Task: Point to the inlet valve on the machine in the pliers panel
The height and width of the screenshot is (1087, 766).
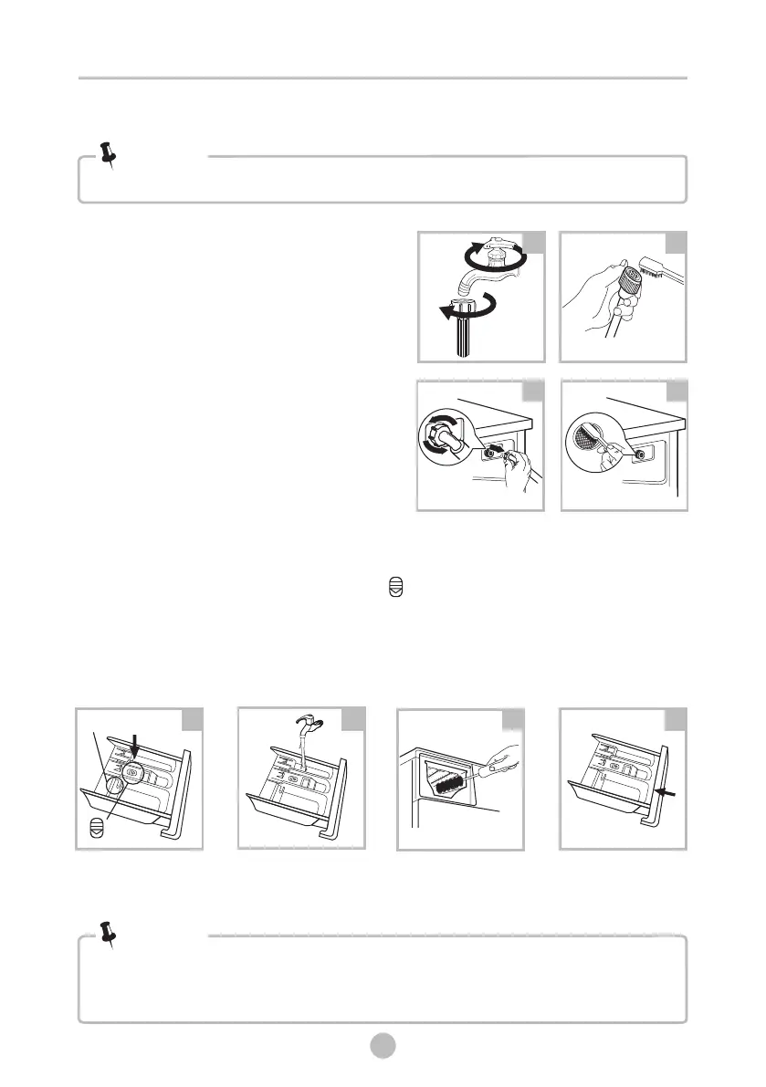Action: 639,454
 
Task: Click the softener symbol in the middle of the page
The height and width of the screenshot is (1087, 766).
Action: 394,591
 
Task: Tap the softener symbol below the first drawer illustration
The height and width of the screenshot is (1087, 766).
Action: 96,828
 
